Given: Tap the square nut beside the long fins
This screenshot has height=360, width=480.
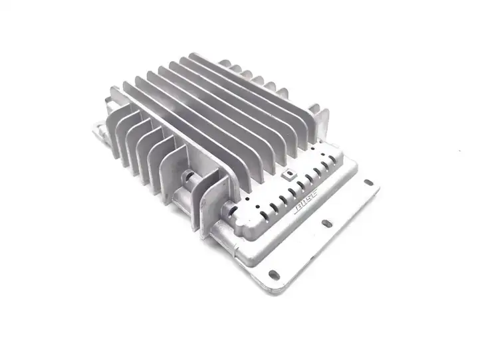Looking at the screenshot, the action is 289,174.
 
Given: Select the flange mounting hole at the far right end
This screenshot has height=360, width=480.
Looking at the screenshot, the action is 369,183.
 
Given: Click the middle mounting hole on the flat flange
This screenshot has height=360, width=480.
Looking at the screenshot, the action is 326,224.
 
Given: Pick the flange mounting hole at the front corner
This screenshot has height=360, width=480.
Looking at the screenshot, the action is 274,274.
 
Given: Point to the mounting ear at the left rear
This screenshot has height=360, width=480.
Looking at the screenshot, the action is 100,131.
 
